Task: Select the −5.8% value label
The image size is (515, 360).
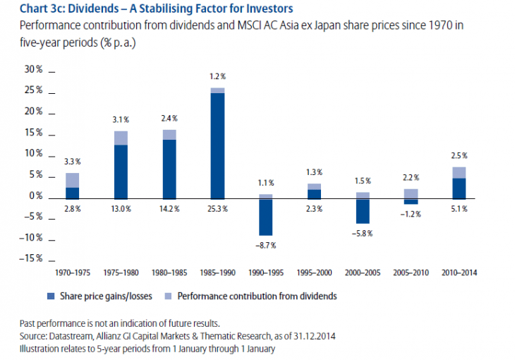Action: click(363, 233)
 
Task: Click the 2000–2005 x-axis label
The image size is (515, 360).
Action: click(363, 271)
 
